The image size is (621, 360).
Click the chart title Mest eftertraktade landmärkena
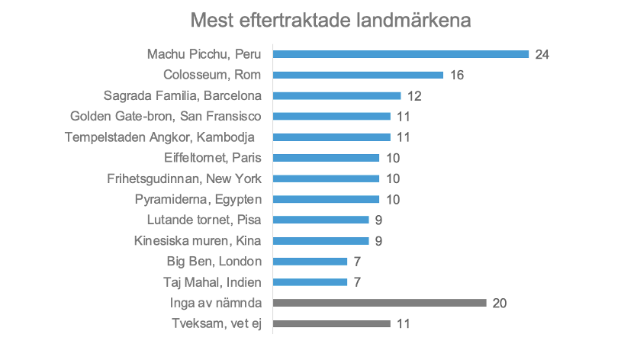coord(330,20)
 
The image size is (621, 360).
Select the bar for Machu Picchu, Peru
coord(401,54)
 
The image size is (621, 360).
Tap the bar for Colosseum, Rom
coord(358,75)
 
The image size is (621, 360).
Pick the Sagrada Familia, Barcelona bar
coord(336,95)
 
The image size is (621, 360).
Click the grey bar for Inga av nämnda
coord(379,303)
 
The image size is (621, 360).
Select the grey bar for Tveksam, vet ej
coord(331,323)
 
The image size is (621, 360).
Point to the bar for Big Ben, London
coord(310,262)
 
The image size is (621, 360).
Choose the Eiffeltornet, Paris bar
coord(326,158)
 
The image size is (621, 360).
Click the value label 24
coord(542,55)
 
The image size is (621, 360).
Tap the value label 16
coord(457,76)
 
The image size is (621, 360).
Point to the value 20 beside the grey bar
coord(500,303)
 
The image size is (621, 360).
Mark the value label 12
coord(414,96)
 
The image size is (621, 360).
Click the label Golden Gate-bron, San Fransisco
coord(166,117)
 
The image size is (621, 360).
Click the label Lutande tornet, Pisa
coord(204,220)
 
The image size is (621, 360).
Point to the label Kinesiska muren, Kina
coord(197,241)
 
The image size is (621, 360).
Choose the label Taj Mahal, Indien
coord(212,282)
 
